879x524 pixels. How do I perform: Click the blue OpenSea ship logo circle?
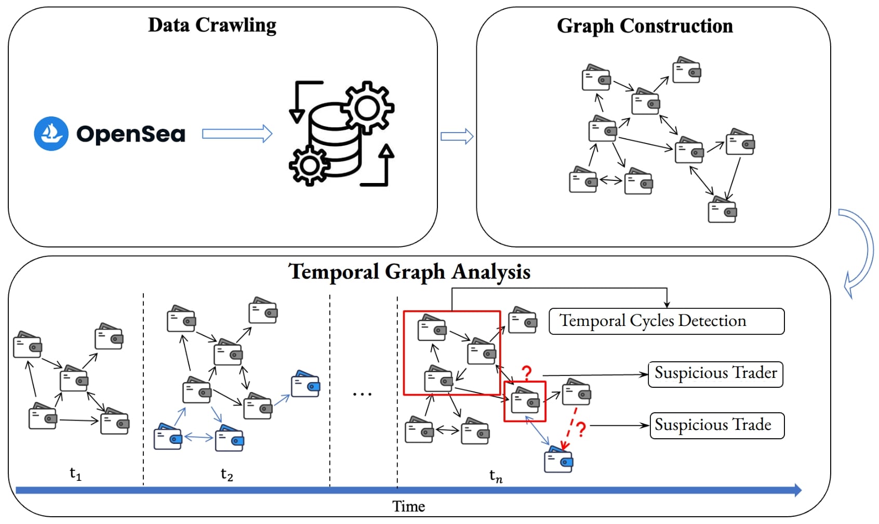point(51,134)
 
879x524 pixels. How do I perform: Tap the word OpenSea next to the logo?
point(131,134)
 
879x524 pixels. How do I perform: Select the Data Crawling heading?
point(212,25)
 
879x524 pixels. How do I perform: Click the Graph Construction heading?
point(645,26)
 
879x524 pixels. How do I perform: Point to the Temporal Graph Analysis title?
point(409,272)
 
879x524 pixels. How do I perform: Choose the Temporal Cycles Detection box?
point(667,321)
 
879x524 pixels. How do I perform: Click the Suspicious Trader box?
point(715,374)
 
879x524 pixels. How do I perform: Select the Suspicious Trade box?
point(717,425)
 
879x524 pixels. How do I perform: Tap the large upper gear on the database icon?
point(368,108)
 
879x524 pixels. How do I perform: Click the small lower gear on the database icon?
point(310,165)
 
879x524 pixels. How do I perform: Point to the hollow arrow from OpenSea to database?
point(237,134)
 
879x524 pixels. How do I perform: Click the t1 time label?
point(75,474)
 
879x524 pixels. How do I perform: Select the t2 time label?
point(227,474)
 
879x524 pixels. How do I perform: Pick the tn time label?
point(496,476)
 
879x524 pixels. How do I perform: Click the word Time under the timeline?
point(408,507)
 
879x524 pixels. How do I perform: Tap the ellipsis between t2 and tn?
point(362,395)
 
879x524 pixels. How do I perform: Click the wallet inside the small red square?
point(525,401)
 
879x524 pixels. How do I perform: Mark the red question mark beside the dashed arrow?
point(581,429)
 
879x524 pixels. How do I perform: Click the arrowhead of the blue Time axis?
point(797,490)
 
